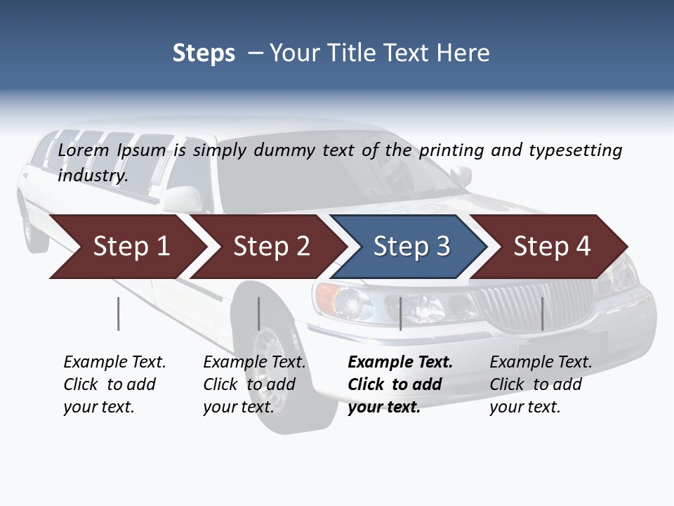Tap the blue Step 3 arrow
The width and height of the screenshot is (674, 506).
click(x=411, y=247)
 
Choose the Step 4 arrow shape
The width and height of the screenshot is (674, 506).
click(x=552, y=247)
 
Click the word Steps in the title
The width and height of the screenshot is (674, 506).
click(x=204, y=53)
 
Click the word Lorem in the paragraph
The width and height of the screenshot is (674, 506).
click(x=84, y=150)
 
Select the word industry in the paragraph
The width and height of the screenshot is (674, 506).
click(x=92, y=176)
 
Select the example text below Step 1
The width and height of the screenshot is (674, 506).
click(x=114, y=384)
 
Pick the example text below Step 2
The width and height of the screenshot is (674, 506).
click(x=254, y=384)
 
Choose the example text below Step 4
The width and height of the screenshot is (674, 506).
click(x=541, y=384)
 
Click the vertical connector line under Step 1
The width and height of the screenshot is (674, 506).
click(x=118, y=313)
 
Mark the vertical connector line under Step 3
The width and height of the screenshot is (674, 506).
click(x=400, y=313)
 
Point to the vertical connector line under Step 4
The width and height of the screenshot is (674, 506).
click(x=542, y=313)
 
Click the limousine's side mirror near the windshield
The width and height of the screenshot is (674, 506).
click(x=461, y=176)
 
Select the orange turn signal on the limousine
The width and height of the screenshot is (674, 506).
click(x=327, y=299)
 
